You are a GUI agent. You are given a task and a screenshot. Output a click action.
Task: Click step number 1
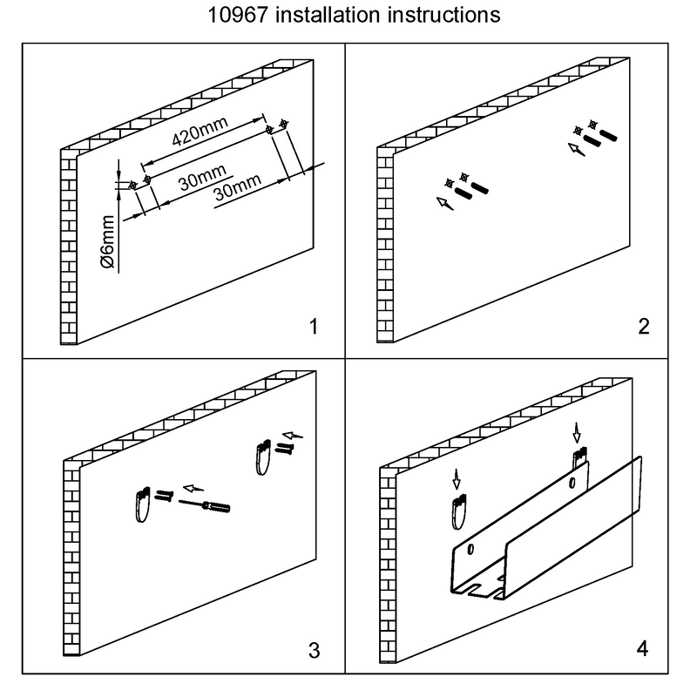click(x=315, y=328)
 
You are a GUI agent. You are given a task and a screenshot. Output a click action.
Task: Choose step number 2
click(x=643, y=328)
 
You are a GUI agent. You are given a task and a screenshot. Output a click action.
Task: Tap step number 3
click(x=315, y=649)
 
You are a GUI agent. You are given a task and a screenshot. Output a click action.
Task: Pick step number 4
click(x=643, y=649)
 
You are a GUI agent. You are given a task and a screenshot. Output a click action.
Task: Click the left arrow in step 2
click(x=443, y=204)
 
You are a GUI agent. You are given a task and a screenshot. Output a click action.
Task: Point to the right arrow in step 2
click(x=575, y=149)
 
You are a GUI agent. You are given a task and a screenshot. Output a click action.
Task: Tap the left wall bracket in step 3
click(x=142, y=504)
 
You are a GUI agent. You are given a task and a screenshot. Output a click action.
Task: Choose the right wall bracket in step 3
click(x=263, y=457)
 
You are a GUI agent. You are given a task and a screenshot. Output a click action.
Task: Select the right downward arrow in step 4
click(x=576, y=431)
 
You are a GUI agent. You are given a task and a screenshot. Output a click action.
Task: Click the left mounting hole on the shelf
click(x=470, y=550)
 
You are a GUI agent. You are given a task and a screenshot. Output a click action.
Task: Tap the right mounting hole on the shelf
click(x=572, y=482)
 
